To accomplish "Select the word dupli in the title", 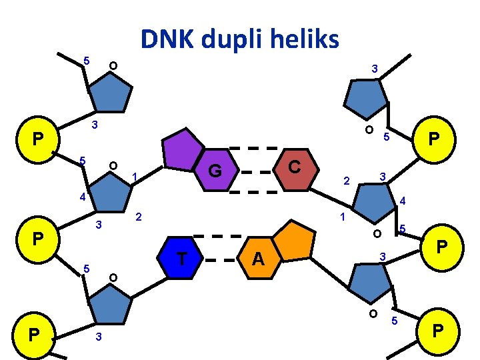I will pos(237,40).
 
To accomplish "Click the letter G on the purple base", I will pos(214,171).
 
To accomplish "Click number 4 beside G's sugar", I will pos(82,197).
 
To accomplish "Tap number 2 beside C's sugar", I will pos(345,181).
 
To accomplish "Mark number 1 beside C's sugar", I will pos(341,217).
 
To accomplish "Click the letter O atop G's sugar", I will pos(113,165).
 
